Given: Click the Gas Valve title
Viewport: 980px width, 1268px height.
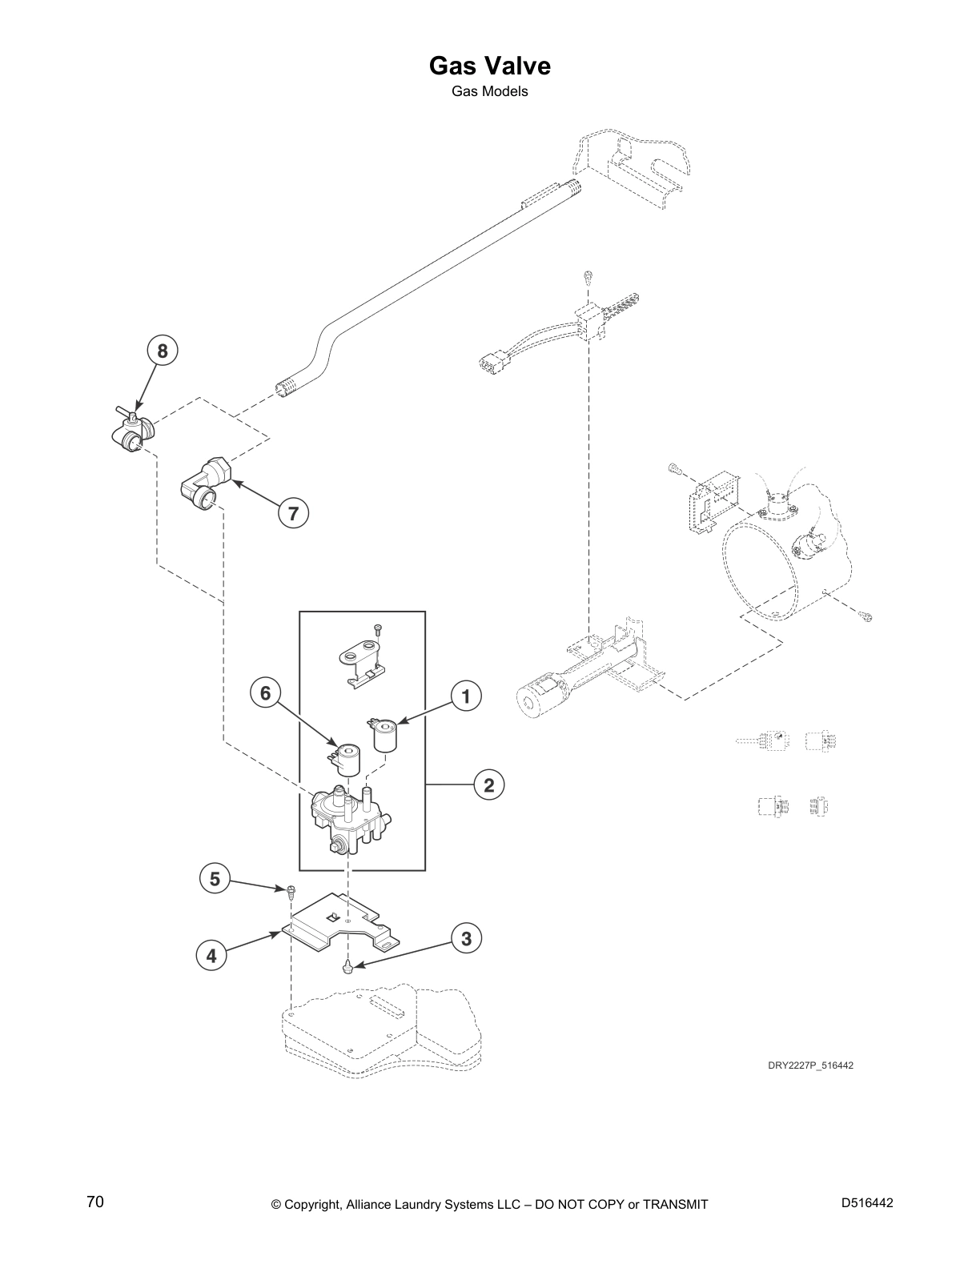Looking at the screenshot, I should (489, 65).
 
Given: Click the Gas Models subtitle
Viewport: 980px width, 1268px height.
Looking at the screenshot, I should (489, 91).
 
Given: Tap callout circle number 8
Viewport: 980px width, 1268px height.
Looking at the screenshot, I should (163, 351).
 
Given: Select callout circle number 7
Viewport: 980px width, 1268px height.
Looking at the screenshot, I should (293, 513).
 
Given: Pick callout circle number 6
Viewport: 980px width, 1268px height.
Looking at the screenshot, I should (265, 692).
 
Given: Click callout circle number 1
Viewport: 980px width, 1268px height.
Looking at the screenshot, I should (465, 696).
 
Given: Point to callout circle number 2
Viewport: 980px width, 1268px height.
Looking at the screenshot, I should (488, 785).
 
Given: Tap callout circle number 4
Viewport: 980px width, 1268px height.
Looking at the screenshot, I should (211, 955).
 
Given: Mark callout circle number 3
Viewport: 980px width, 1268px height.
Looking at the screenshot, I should (467, 937).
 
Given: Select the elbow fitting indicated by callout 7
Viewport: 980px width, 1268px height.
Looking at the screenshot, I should (205, 485).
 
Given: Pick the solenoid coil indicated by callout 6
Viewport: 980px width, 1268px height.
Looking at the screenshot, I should (347, 759).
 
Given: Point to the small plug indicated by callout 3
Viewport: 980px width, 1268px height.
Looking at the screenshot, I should (348, 969).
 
